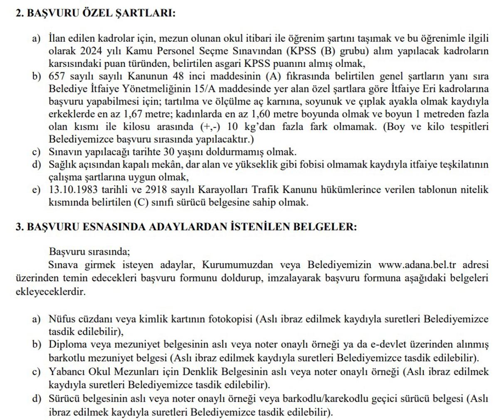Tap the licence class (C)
[x=141, y=203]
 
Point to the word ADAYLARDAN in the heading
[x=195, y=227]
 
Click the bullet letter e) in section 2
[x=37, y=190]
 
